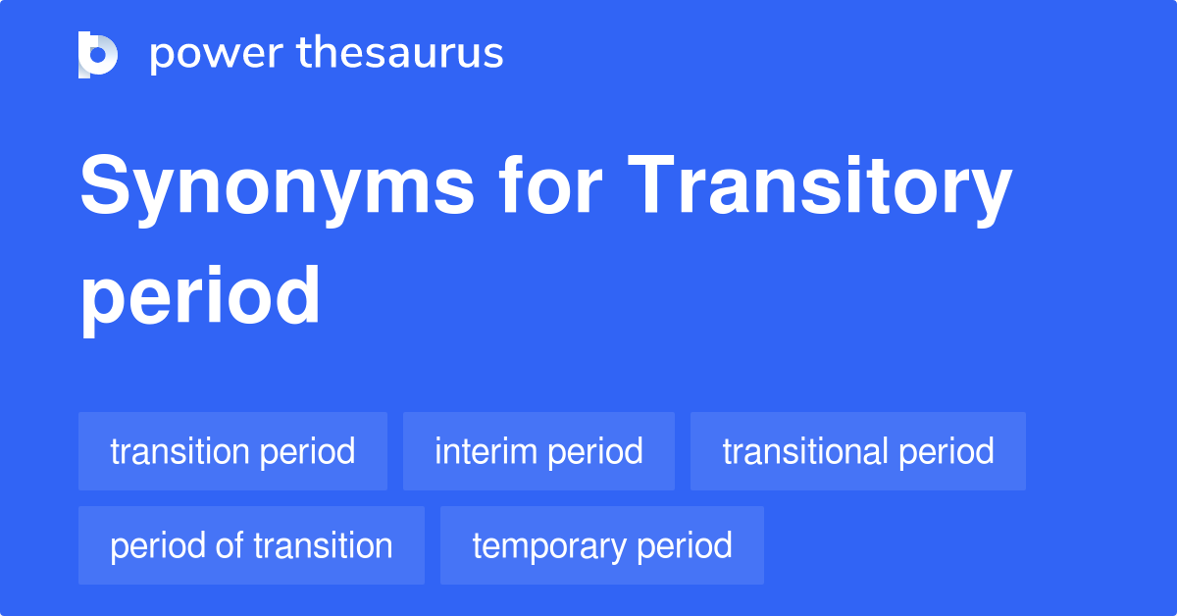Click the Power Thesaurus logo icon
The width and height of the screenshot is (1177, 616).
tap(98, 54)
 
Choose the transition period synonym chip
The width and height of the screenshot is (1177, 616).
tap(232, 451)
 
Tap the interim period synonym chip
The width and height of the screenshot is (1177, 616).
tap(538, 451)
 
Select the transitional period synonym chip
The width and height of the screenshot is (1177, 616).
tap(858, 451)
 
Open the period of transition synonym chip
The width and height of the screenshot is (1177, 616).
tap(251, 545)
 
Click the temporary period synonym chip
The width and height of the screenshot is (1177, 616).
tap(602, 545)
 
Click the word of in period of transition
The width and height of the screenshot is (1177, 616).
tap(229, 545)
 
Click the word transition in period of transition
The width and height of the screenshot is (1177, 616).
tap(324, 545)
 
